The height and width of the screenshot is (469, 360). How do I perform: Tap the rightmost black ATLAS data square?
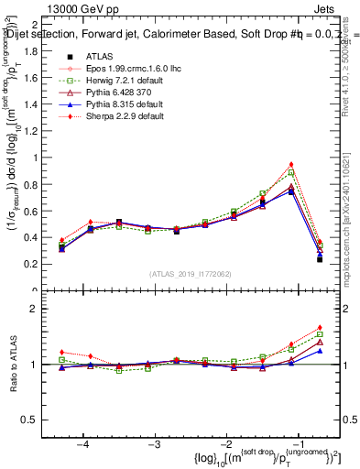[320, 259]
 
